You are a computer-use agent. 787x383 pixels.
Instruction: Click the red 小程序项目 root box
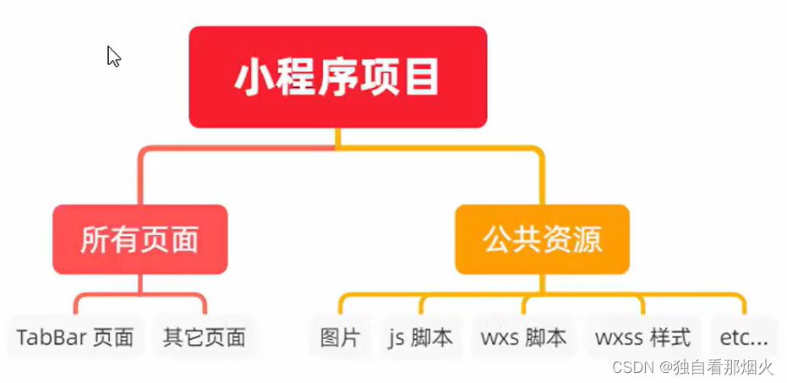point(337,77)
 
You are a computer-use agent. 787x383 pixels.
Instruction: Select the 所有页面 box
point(139,239)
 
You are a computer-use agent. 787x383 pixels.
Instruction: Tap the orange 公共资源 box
point(542,239)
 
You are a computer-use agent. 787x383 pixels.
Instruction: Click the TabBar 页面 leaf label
point(75,338)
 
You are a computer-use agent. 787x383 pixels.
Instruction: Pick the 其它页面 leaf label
point(204,338)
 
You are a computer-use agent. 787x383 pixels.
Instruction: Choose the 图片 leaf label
point(340,338)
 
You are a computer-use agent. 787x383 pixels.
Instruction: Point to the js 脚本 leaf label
point(420,338)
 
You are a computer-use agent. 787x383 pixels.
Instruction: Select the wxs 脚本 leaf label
point(523,338)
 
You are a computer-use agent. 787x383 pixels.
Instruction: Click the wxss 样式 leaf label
point(642,338)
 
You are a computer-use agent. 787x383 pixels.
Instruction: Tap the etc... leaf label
point(744,338)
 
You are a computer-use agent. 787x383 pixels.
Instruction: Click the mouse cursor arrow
point(113,56)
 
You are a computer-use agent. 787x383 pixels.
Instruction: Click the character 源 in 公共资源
point(587,240)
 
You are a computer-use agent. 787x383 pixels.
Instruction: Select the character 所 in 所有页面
point(95,240)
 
